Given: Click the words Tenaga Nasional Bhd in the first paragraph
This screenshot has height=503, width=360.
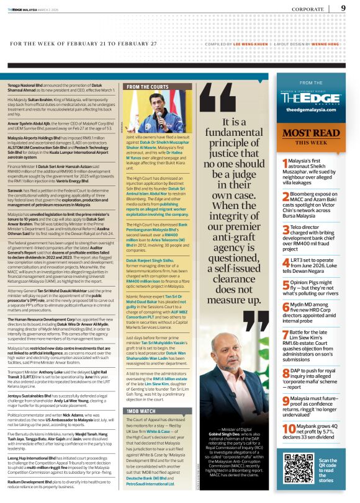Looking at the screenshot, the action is [25, 84].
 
